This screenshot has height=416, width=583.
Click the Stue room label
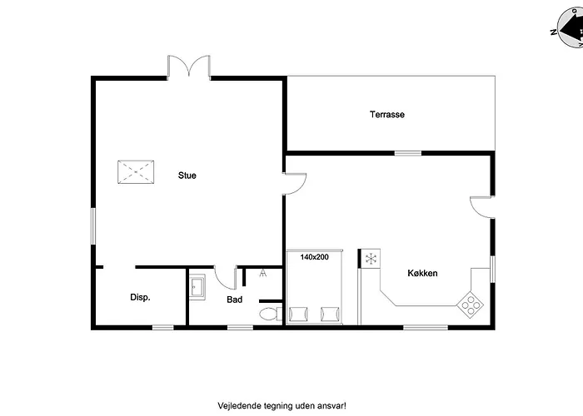pyautogui.click(x=187, y=176)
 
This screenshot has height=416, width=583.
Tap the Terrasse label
pyautogui.click(x=387, y=115)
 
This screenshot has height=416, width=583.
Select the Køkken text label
pyautogui.click(x=422, y=274)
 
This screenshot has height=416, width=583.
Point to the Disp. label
pyautogui.click(x=140, y=298)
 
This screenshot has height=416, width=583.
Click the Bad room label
pyautogui.click(x=235, y=300)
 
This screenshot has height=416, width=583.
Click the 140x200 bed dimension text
pyautogui.click(x=315, y=256)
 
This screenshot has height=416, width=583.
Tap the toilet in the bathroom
pyautogui.click(x=271, y=314)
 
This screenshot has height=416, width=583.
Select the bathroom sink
pyautogui.click(x=197, y=287)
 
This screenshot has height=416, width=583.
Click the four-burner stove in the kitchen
pyautogui.click(x=471, y=305)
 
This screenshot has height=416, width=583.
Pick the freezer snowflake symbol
pyautogui.click(x=371, y=259)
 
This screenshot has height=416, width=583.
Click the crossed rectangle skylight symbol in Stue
pyautogui.click(x=136, y=172)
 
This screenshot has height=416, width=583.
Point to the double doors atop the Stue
pyautogui.click(x=189, y=67)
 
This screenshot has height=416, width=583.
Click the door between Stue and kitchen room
pyautogui.click(x=295, y=184)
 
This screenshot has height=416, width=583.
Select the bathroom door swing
pyautogui.click(x=226, y=277)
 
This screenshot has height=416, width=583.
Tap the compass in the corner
pyautogui.click(x=570, y=27)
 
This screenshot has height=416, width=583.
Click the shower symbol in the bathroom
pyautogui.click(x=263, y=273)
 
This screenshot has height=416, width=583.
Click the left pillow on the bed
pyautogui.click(x=298, y=314)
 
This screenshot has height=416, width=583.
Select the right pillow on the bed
pyautogui.click(x=330, y=314)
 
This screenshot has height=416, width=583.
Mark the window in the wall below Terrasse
pyautogui.click(x=408, y=153)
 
